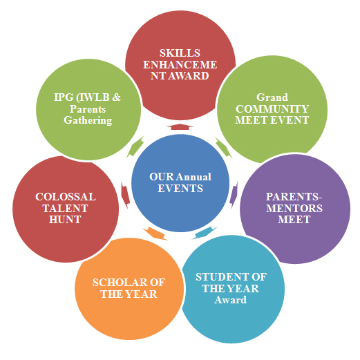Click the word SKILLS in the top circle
[180, 53]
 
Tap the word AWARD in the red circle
[189, 76]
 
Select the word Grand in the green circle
[272, 97]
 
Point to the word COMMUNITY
[272, 108]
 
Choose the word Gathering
[88, 120]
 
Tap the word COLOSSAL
[66, 197]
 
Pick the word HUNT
[65, 220]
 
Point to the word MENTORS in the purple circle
[294, 208]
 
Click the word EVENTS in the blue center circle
[180, 189]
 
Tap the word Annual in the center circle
[194, 177]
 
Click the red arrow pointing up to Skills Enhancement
[180, 126]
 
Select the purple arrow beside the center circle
[234, 195]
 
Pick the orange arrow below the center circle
[155, 234]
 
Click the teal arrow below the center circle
[205, 233]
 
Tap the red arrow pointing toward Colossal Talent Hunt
[125, 195]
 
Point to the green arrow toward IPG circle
[135, 146]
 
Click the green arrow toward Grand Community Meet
[223, 148]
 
